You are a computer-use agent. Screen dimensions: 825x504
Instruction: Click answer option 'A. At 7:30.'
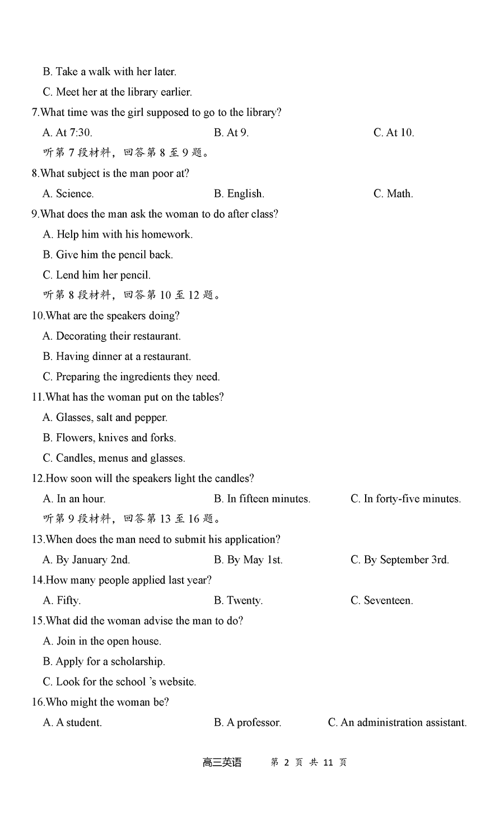click(x=67, y=133)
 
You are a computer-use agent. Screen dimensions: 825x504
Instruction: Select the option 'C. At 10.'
click(x=393, y=133)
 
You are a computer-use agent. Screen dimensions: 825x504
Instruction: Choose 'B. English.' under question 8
click(x=239, y=194)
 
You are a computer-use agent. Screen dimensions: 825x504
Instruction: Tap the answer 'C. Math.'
click(x=393, y=194)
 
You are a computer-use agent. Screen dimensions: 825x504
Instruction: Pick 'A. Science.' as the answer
click(x=68, y=194)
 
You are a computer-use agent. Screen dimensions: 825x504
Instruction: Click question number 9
click(x=35, y=214)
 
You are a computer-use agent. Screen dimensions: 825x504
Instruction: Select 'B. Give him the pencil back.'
click(x=108, y=255)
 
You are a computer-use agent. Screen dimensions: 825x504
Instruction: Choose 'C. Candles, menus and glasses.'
click(x=114, y=458)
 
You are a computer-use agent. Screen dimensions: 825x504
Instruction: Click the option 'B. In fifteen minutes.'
click(x=262, y=499)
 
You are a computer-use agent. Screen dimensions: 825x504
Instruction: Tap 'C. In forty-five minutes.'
click(x=405, y=499)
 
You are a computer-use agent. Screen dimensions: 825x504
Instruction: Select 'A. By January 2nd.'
click(x=86, y=560)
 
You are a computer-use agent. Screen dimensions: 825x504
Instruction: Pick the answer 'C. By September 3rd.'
click(x=399, y=560)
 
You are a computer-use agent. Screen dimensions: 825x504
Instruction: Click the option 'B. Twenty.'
click(x=238, y=601)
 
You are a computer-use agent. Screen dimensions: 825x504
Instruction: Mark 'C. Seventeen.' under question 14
click(x=381, y=601)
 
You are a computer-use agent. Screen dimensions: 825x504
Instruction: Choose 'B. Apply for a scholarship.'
click(x=104, y=662)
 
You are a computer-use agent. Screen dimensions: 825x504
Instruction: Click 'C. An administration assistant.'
click(x=397, y=723)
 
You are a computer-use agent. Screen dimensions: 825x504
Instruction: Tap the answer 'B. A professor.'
click(x=247, y=723)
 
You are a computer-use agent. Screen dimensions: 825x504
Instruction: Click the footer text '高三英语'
click(x=222, y=763)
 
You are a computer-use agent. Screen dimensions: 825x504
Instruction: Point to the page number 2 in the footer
click(x=286, y=763)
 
